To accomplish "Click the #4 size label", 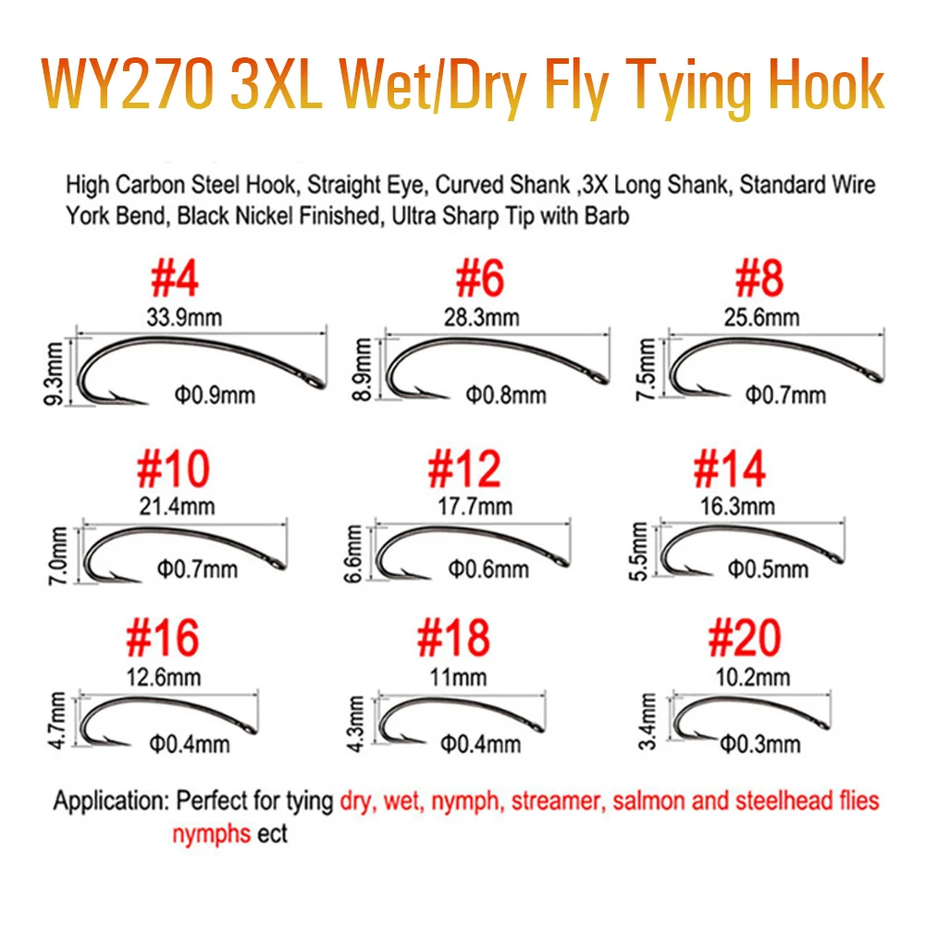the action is [174, 278].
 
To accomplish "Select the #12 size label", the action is [464, 469].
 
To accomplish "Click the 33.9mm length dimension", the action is [184, 318].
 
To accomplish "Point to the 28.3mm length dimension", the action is [481, 318].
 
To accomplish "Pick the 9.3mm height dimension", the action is [54, 374].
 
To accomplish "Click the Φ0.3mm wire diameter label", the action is [760, 745].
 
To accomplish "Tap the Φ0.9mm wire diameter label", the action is [215, 395].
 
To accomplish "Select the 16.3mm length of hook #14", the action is [737, 507].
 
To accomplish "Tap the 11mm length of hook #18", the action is [459, 677].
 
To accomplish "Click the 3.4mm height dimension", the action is [647, 721].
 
